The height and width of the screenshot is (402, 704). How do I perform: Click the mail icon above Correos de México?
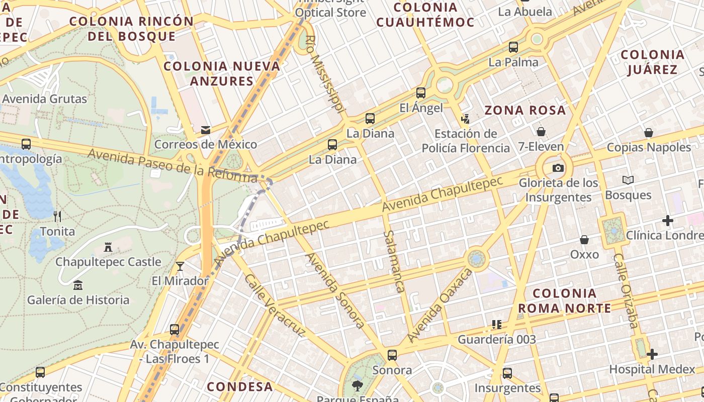pos(206,130)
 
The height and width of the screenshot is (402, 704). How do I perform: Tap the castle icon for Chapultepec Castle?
pos(108,247)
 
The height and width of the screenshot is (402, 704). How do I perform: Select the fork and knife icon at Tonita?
pos(57,217)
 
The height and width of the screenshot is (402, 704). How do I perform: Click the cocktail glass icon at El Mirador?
pos(180,266)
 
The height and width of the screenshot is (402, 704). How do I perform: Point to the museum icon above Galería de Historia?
pos(77,285)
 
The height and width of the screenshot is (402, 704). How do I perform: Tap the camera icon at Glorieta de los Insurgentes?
pos(558,168)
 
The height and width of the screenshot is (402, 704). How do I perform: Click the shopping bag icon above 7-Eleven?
pos(541,132)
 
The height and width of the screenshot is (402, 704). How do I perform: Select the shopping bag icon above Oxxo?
pos(584,240)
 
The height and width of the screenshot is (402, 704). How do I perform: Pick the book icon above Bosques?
pos(628,180)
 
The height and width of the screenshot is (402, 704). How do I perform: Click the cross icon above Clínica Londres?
pos(668,220)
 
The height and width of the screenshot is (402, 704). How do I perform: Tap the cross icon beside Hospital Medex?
pos(652,354)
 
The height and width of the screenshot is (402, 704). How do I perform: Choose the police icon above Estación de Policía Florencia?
pos(465,119)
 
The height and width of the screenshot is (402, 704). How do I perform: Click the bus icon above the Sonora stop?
pos(392,355)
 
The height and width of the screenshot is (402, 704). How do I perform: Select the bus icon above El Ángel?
pos(421,93)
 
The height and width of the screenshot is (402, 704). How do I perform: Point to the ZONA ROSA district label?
pos(525,111)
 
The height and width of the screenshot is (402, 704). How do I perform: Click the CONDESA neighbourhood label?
pos(240,386)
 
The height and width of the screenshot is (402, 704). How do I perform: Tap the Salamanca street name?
pos(394,261)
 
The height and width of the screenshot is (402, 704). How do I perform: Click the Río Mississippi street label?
pos(326,73)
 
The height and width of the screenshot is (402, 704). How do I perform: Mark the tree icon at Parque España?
pos(357,385)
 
